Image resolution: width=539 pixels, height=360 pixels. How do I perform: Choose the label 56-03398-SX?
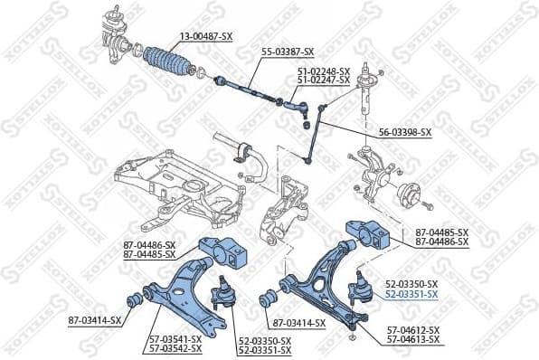pyautogui.click(x=404, y=132)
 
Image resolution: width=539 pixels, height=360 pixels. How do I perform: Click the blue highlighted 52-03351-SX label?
pyautogui.click(x=411, y=294)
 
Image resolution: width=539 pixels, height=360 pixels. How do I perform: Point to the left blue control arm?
pyautogui.click(x=186, y=289)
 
